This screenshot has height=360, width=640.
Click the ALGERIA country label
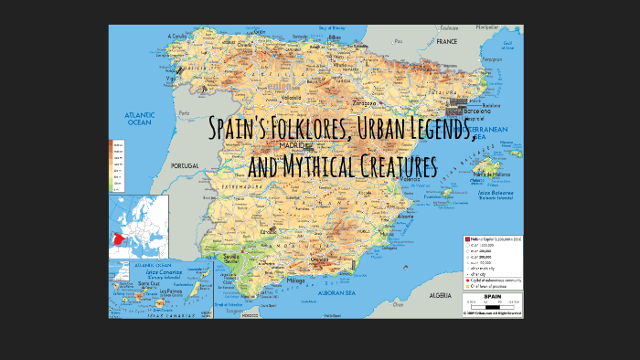tap(441, 295)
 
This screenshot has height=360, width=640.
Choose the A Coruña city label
tap(176, 37)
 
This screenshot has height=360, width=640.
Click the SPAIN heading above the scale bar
tap(492, 296)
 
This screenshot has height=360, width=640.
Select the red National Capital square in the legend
tap(467, 238)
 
